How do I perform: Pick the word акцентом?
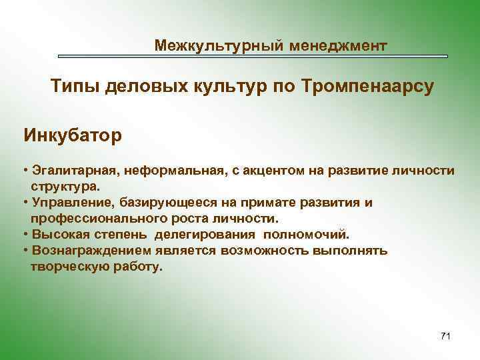(273, 171)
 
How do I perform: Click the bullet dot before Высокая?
(25, 235)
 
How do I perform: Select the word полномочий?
(306, 235)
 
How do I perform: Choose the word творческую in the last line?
(67, 267)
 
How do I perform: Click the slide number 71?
(445, 336)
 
